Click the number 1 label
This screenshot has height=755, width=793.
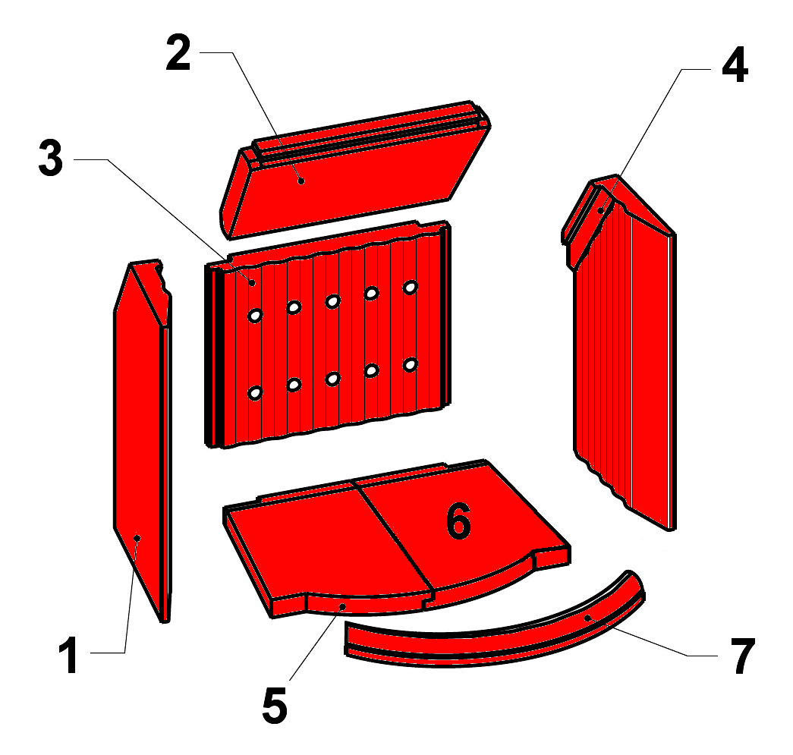(x=69, y=656)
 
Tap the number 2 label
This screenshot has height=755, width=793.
(x=178, y=52)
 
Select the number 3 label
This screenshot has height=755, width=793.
(x=51, y=159)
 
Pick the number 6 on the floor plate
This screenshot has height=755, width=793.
(x=458, y=521)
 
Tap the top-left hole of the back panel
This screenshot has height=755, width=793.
(x=255, y=316)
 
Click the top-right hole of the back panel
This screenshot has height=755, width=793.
(x=410, y=288)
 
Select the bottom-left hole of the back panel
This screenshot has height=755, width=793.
(x=255, y=392)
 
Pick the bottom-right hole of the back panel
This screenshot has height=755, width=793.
(x=410, y=364)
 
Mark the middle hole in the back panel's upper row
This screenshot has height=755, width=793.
(x=332, y=301)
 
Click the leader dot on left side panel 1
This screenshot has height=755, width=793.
(x=137, y=538)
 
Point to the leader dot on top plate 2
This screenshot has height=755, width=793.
(x=301, y=181)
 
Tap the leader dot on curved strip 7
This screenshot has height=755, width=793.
(x=587, y=618)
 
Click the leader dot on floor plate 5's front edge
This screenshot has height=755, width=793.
(x=342, y=606)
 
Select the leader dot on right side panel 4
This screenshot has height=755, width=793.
(x=600, y=210)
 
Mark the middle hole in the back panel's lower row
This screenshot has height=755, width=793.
(x=332, y=378)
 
